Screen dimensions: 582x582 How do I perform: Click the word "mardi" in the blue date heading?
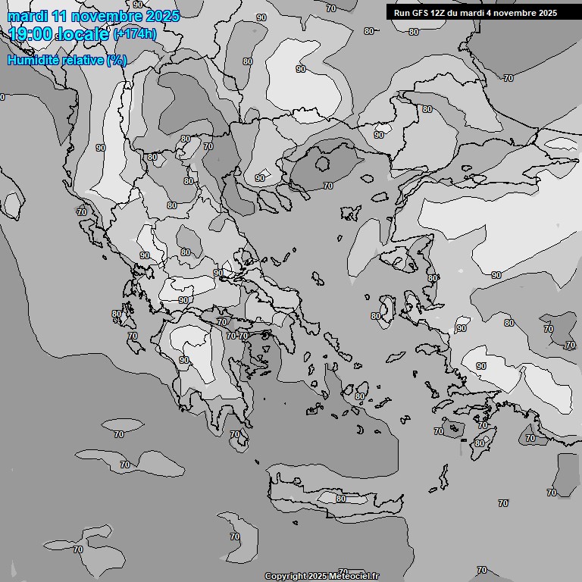(x=27, y=17)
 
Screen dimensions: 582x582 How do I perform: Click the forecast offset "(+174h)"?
(x=134, y=34)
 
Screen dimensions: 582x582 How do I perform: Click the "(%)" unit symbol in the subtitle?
(x=117, y=60)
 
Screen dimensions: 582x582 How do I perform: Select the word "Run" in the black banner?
(x=402, y=13)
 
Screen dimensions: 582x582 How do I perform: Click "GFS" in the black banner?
(x=421, y=13)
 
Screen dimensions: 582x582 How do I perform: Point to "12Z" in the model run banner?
(x=441, y=13)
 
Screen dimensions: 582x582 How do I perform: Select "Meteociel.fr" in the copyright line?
(x=353, y=576)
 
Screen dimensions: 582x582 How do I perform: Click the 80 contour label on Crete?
(x=341, y=499)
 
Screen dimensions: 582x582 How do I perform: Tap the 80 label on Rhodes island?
(x=480, y=443)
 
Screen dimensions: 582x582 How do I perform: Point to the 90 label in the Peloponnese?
(x=184, y=360)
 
